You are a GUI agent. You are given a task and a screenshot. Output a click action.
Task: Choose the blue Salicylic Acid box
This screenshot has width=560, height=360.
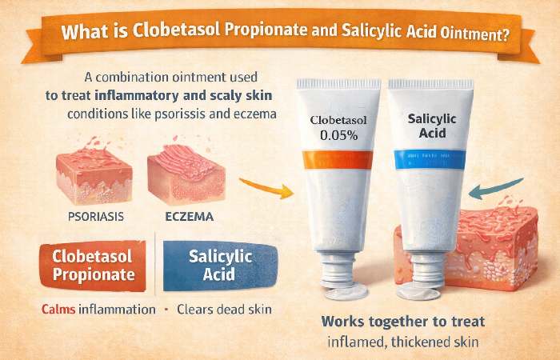point(220,266)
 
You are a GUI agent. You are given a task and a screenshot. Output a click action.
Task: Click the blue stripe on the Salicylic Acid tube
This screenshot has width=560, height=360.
point(427,159)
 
